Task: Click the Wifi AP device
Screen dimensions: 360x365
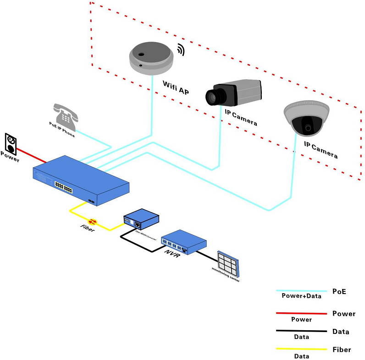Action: pos(150,57)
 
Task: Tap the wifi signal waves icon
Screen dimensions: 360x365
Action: pos(181,50)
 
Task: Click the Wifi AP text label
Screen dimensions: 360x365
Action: pos(176,86)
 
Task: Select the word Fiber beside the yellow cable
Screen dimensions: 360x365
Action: pos(87,229)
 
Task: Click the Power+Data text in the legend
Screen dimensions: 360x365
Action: pos(301,296)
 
